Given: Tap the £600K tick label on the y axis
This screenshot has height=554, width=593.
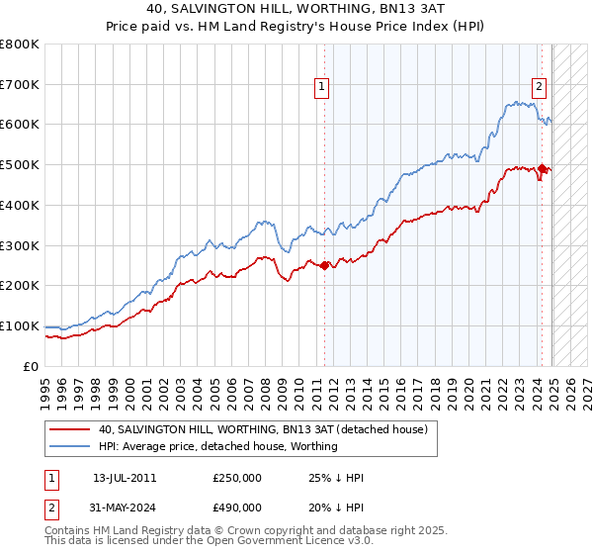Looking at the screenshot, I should [x=20, y=125].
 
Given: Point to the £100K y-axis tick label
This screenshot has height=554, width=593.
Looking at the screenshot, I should [x=20, y=325].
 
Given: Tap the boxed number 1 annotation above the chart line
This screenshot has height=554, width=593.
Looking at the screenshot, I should [x=323, y=87].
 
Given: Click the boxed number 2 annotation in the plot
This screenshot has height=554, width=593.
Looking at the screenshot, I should [x=539, y=87].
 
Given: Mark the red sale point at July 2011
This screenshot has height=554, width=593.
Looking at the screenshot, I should [x=325, y=265].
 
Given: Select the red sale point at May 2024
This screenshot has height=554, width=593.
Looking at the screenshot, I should [x=543, y=169].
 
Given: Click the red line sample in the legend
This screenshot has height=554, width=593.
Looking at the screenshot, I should [x=71, y=429].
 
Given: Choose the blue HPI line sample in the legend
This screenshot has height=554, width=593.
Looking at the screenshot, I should [x=71, y=446].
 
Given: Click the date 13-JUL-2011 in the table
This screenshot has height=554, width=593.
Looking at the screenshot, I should [x=125, y=478].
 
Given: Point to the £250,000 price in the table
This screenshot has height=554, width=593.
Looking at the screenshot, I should [x=237, y=478].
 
